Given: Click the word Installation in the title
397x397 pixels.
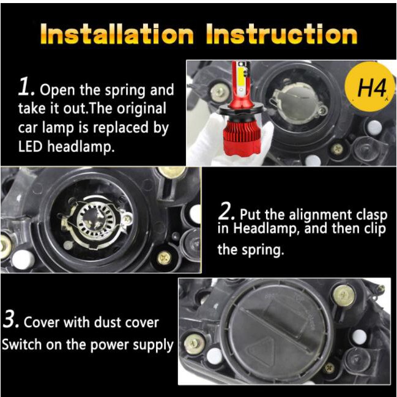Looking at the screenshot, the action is (x=117, y=34).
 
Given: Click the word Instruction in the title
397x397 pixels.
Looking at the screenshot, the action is (x=281, y=34).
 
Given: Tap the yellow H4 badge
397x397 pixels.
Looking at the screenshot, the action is (x=370, y=87).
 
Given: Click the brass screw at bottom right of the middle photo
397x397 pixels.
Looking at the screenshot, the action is (x=164, y=258).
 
